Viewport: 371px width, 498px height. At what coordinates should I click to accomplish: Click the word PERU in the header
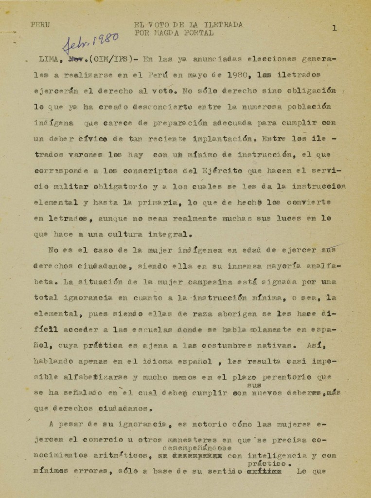[40, 24]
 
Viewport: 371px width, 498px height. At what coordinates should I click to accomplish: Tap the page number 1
[335, 28]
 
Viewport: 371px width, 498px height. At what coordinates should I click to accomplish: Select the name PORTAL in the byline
[196, 33]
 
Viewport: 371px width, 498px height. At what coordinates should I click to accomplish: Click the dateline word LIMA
[49, 60]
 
